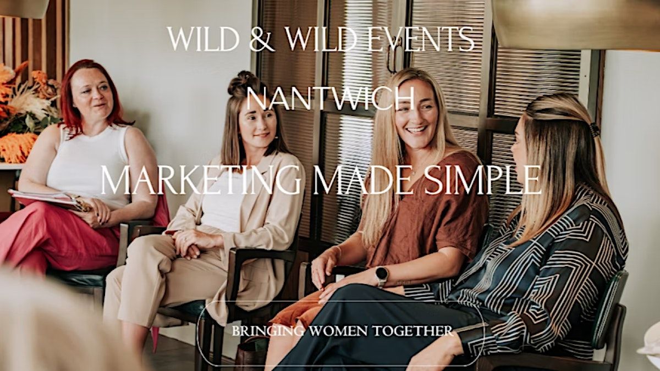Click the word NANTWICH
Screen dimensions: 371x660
pos(330,99)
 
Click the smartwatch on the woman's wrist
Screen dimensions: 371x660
pos(381,274)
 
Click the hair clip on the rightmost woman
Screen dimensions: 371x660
pos(595,130)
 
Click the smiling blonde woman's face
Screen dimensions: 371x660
pos(416,113)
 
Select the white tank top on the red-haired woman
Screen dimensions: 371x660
pos(88,165)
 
